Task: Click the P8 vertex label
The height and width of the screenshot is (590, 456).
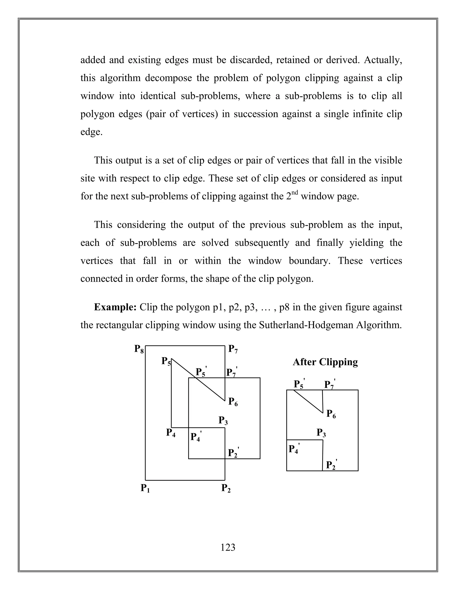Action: pyautogui.click(x=139, y=349)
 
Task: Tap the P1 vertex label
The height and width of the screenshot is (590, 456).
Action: pyautogui.click(x=145, y=488)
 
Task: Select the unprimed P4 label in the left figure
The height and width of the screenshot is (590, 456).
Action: pyautogui.click(x=171, y=433)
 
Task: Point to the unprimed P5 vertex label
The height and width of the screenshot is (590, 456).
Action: pyautogui.click(x=166, y=361)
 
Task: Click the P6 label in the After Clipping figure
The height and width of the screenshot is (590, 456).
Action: pyautogui.click(x=331, y=414)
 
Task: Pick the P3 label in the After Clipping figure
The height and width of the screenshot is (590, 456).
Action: pyautogui.click(x=321, y=433)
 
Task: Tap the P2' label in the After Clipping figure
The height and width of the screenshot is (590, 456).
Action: pyautogui.click(x=331, y=465)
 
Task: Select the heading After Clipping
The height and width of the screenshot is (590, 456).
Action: pyautogui.click(x=325, y=362)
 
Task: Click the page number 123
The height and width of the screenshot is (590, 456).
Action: pyautogui.click(x=228, y=547)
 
